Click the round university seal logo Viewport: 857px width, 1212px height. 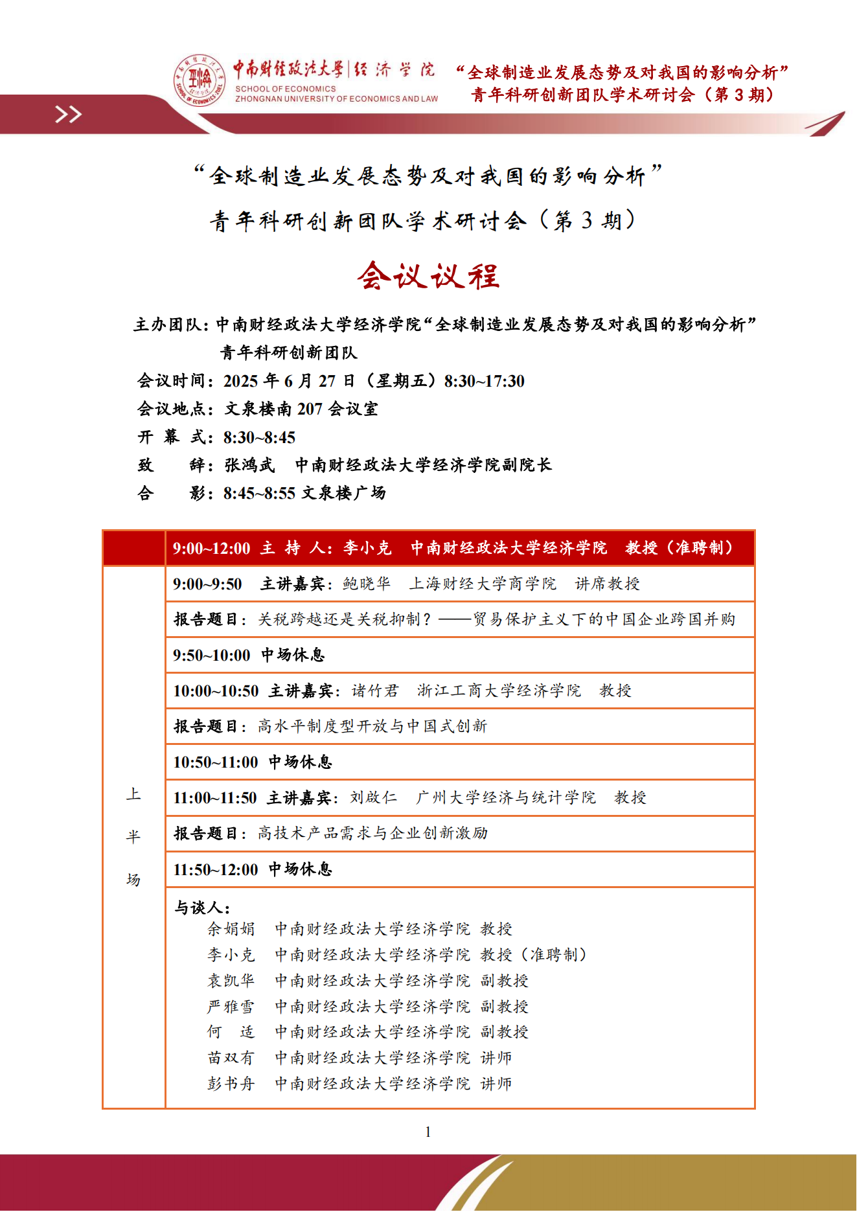[x=199, y=80]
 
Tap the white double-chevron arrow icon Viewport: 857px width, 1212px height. [x=68, y=115]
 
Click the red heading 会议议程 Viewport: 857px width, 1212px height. [x=428, y=276]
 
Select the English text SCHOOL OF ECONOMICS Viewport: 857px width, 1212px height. [x=286, y=89]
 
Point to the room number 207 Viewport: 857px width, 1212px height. [x=310, y=409]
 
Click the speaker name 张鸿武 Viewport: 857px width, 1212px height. [x=249, y=465]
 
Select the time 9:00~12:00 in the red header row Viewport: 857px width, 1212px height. [x=211, y=549]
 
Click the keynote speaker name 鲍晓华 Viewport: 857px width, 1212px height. [x=367, y=584]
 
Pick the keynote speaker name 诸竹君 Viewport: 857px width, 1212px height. [x=375, y=691]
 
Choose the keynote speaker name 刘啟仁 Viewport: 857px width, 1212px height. [x=374, y=797]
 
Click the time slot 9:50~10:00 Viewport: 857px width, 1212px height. [x=211, y=655]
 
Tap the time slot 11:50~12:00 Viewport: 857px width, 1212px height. [x=215, y=869]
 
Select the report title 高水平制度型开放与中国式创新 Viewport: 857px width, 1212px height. [x=372, y=726]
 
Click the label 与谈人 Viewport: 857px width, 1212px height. [x=201, y=908]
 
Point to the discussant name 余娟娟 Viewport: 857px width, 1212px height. [x=231, y=929]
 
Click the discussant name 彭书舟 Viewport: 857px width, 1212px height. [x=231, y=1084]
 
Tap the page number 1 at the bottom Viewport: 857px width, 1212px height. [x=428, y=1132]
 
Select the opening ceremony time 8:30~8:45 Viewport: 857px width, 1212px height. [x=259, y=437]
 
